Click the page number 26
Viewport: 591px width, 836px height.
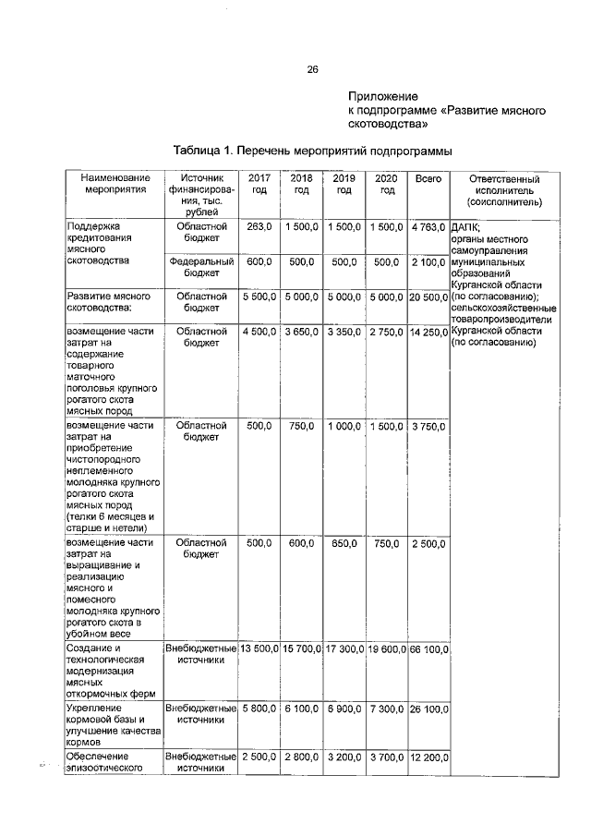(x=312, y=69)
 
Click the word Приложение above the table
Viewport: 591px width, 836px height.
(x=383, y=96)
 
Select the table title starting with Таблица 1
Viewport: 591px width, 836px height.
(x=313, y=151)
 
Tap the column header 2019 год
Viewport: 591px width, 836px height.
(x=344, y=184)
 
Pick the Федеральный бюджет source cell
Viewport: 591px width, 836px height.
(x=201, y=268)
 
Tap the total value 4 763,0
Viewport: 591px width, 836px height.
(x=428, y=227)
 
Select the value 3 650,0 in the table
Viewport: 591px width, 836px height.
(x=301, y=332)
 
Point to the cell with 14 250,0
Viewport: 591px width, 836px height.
(x=428, y=332)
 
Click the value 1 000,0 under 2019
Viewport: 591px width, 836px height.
(x=344, y=426)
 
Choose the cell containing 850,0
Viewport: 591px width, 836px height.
(x=344, y=544)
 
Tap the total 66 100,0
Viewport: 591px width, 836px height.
(x=428, y=649)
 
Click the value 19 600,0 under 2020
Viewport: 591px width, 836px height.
(x=387, y=649)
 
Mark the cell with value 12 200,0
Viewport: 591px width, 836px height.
(x=428, y=757)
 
